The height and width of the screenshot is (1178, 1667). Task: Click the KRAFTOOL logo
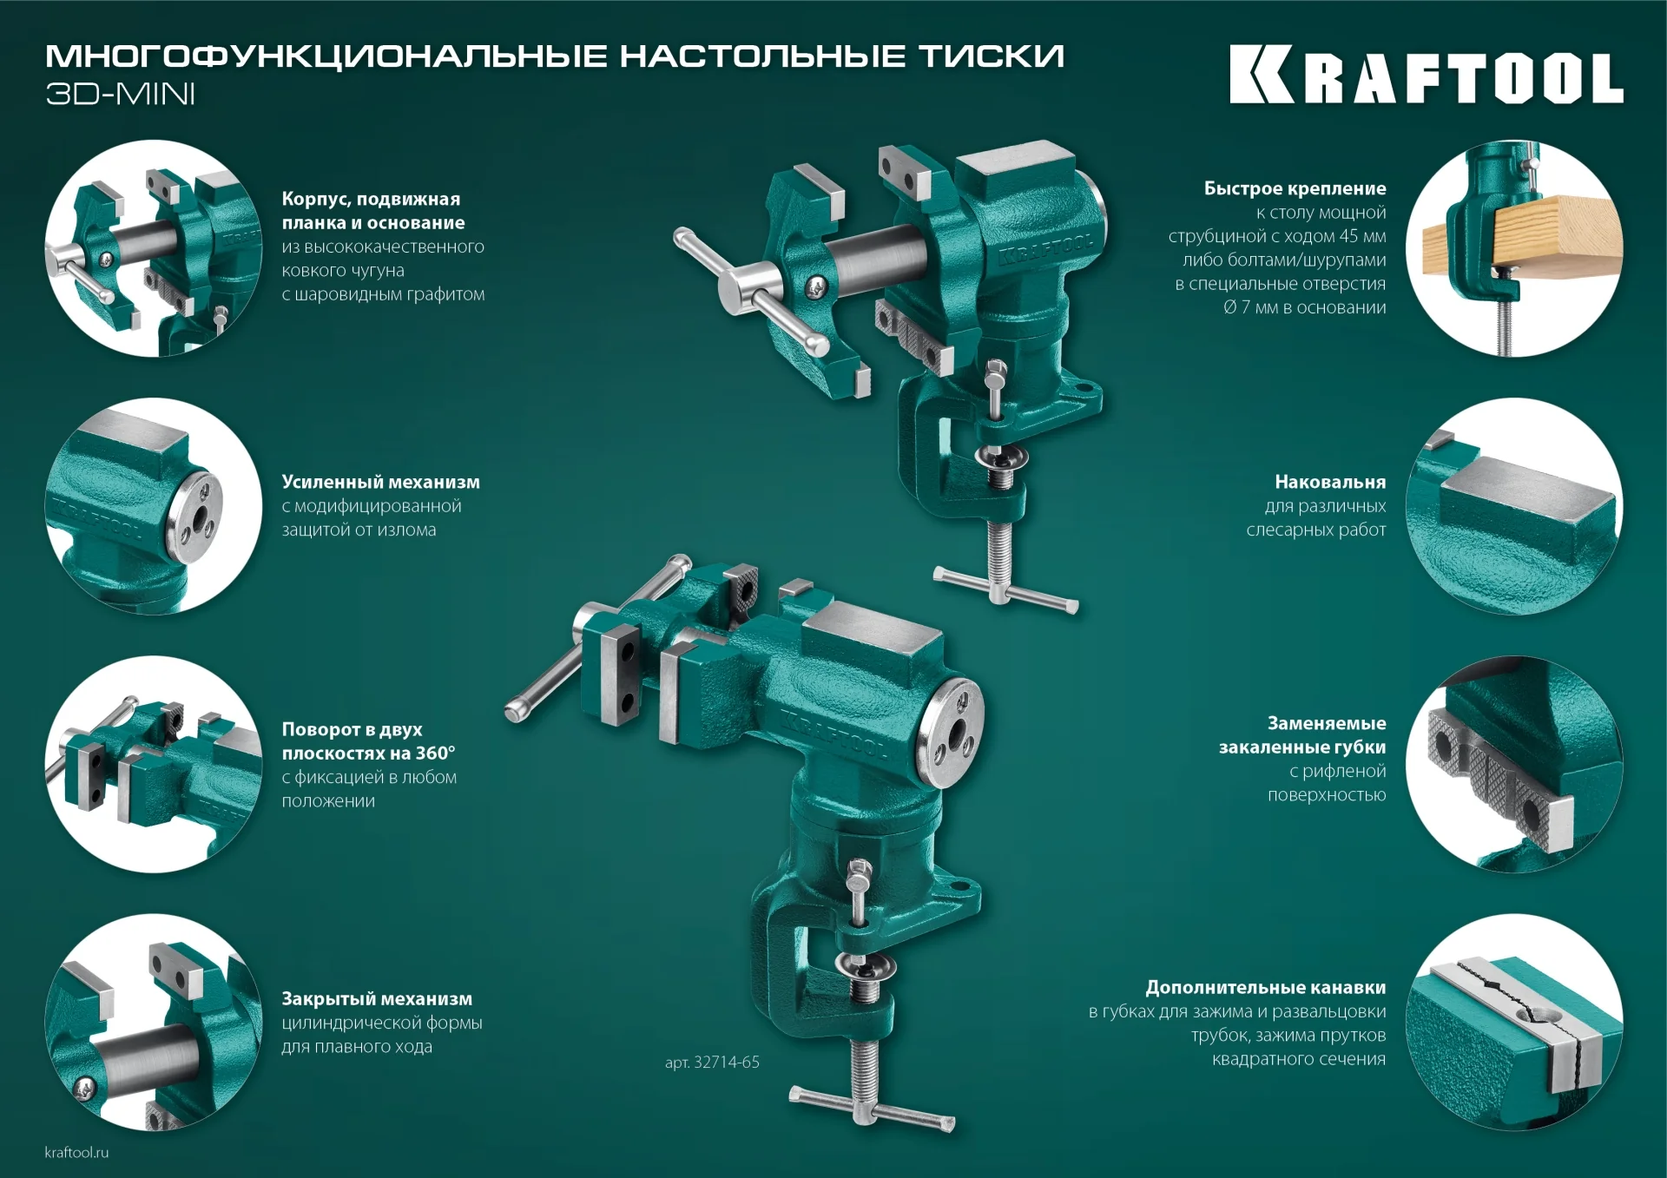click(1426, 75)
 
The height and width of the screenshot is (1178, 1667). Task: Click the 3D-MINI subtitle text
click(120, 94)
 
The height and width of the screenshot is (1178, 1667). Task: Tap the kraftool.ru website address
click(76, 1152)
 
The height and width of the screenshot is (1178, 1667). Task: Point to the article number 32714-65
click(712, 1062)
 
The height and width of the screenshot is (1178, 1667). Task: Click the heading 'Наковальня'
click(1329, 482)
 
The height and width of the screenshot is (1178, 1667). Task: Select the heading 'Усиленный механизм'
click(380, 482)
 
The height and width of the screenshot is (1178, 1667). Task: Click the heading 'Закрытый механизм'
click(377, 998)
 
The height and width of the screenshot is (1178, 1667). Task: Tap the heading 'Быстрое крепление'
click(1295, 188)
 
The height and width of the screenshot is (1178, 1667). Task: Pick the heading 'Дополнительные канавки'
click(1265, 987)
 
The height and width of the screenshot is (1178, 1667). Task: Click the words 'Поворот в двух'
click(352, 729)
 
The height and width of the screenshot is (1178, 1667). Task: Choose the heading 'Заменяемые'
click(1326, 723)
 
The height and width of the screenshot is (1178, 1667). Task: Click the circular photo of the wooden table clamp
click(1513, 248)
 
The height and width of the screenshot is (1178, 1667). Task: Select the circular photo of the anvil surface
click(1513, 506)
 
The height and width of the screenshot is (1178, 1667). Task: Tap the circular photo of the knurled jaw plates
click(1513, 764)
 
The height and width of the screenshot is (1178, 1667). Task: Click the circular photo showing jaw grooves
click(1513, 1022)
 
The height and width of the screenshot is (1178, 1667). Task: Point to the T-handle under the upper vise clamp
click(1005, 590)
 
